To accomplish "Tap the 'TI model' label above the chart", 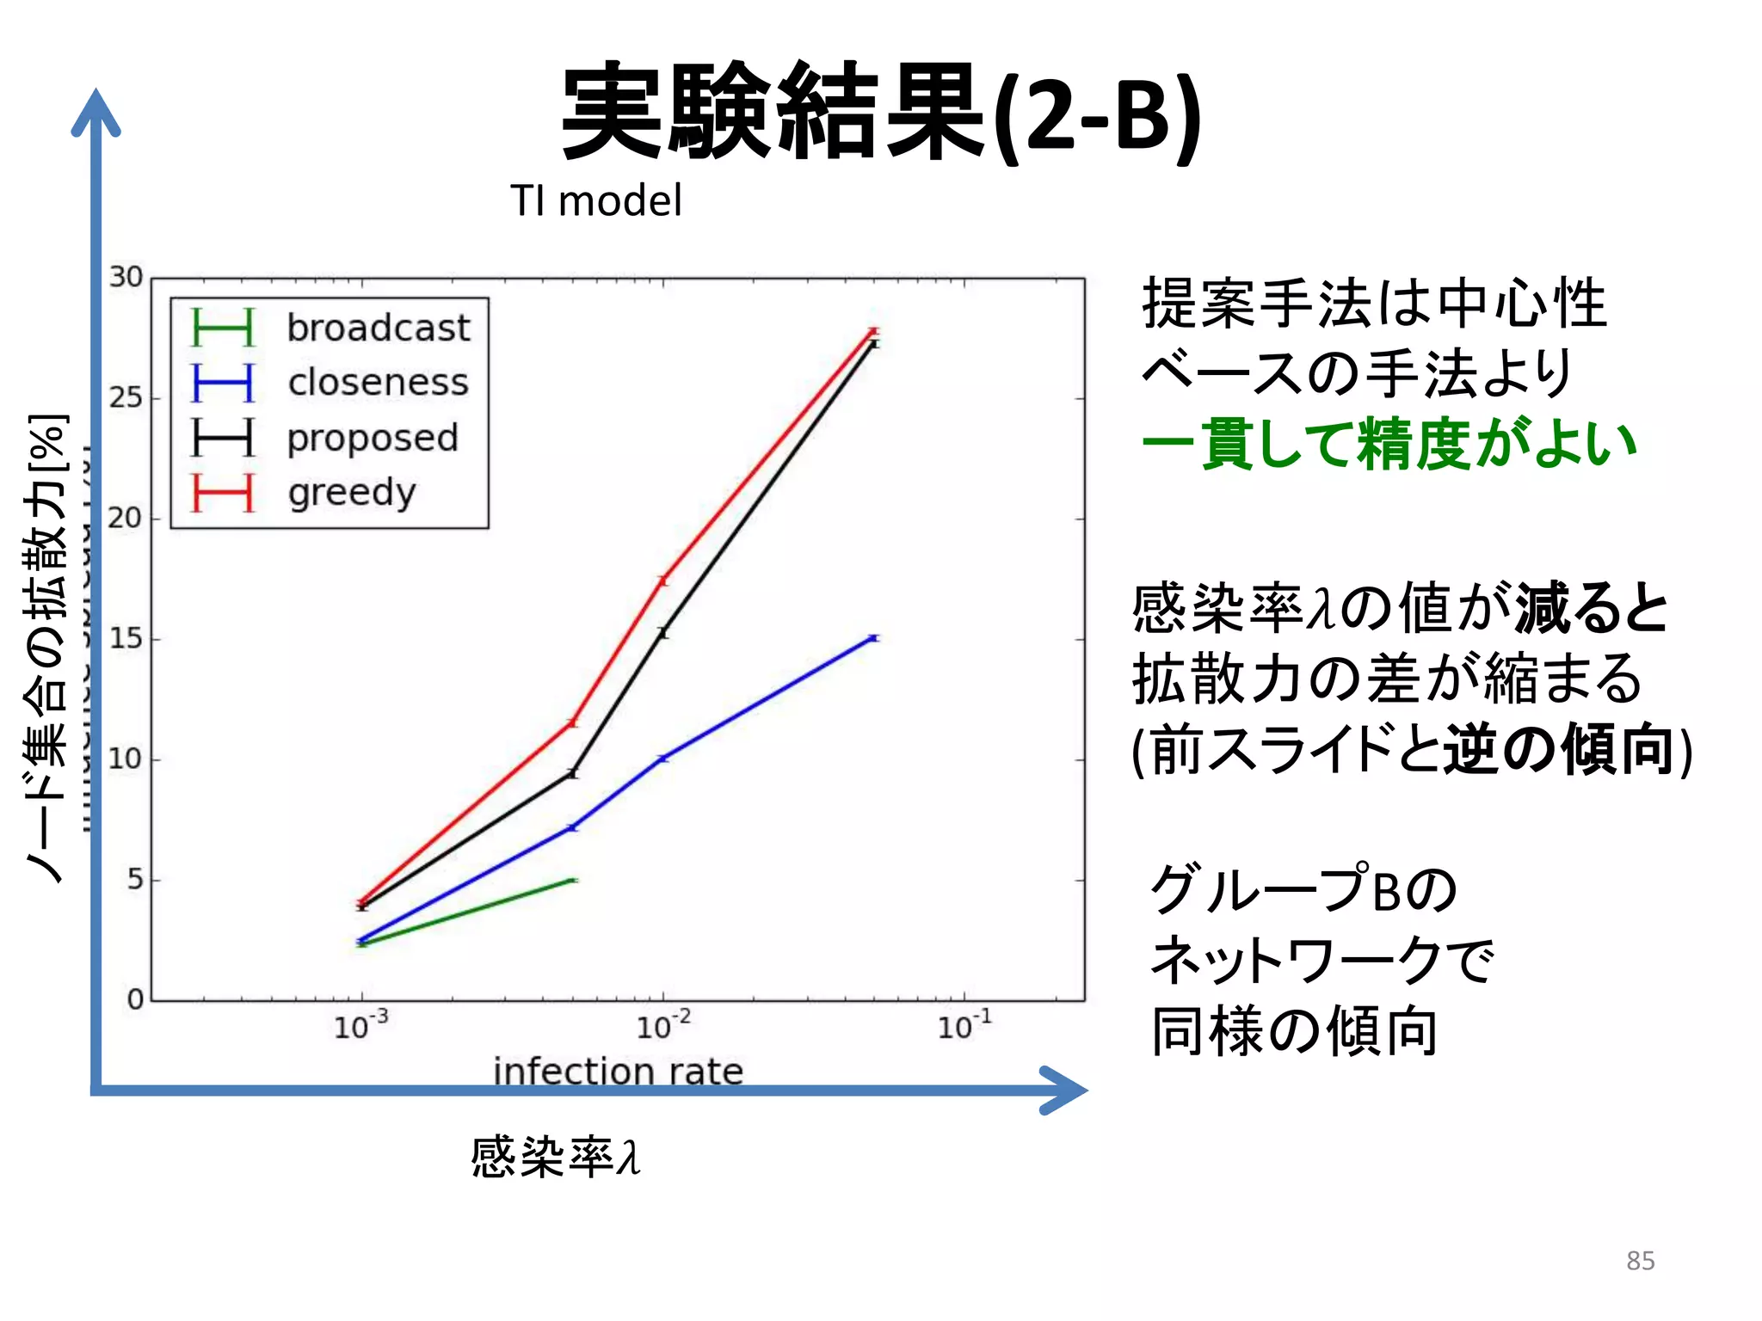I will pos(595,201).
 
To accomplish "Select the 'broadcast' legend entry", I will pos(378,328).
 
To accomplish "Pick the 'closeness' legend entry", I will pos(378,383).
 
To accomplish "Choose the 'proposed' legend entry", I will pos(372,438).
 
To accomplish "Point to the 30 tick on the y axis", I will pos(126,277).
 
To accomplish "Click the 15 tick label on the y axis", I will pos(126,638).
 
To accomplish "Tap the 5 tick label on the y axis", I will pos(135,879).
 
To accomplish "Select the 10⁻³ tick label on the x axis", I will pos(360,1026).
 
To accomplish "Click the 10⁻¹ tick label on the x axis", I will pos(964,1026).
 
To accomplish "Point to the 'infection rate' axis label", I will pos(618,1071).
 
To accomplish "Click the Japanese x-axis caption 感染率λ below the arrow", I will pos(556,1157).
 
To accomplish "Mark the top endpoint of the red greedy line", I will pos(873,331).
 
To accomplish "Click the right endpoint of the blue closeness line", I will pos(873,638).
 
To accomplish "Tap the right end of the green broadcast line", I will pos(574,880).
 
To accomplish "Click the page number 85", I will pos(1640,1261).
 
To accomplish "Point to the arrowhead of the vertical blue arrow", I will pos(95,108).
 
